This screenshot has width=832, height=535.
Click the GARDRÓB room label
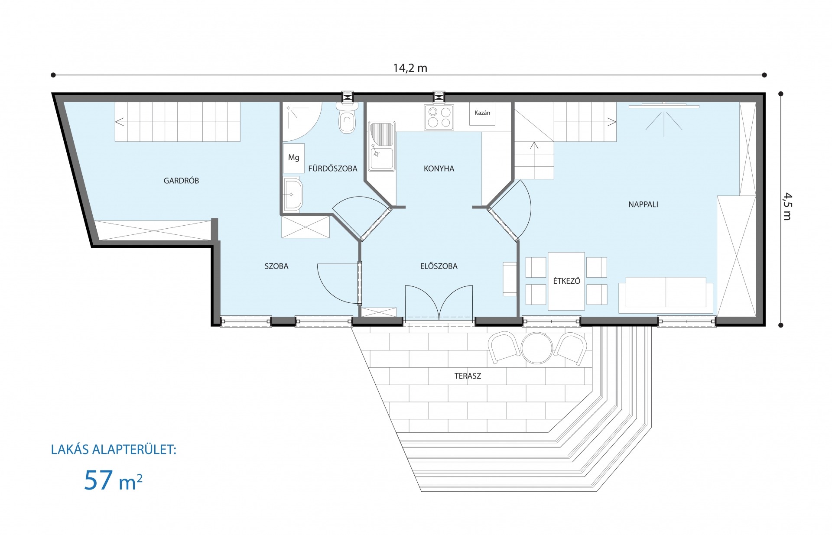(x=181, y=181)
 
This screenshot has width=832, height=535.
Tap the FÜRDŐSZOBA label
(x=333, y=169)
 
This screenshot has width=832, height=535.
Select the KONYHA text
(x=439, y=169)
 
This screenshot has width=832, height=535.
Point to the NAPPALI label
(x=643, y=204)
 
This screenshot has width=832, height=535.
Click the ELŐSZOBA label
(x=439, y=266)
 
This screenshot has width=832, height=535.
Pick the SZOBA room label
(x=276, y=266)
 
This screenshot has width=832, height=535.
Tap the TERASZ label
(x=468, y=376)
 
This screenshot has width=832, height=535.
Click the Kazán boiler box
(x=482, y=114)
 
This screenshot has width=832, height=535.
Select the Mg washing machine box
(x=294, y=158)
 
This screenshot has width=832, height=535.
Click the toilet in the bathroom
(x=347, y=117)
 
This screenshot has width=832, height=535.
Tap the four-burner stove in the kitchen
(x=439, y=117)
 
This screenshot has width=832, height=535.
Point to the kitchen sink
(x=382, y=146)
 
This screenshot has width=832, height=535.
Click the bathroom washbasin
(x=293, y=194)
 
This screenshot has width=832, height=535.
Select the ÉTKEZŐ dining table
(x=566, y=281)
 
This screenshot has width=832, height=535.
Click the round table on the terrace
(x=537, y=347)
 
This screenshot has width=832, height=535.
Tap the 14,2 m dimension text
(x=410, y=68)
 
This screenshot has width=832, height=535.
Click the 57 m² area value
(x=113, y=480)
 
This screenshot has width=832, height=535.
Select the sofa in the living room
(x=666, y=295)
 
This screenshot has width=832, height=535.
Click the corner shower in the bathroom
(x=302, y=122)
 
